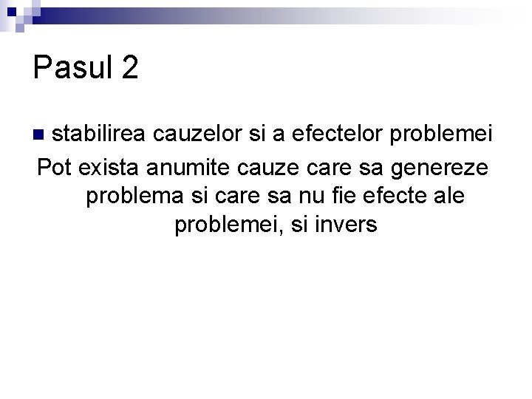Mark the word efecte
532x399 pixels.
coord(407,197)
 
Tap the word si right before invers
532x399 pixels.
coord(299,225)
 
